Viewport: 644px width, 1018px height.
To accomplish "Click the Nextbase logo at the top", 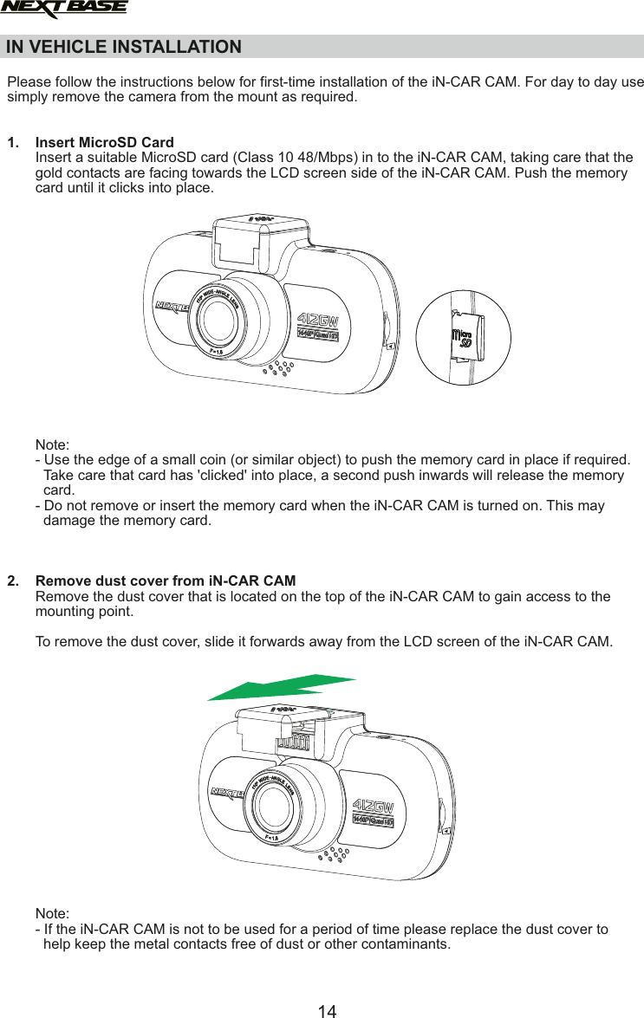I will click(64, 10).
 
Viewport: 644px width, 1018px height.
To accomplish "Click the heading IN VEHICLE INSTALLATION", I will click(124, 47).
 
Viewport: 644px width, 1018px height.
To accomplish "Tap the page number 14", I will click(327, 1010).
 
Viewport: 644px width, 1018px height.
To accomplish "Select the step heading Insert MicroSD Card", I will click(104, 142).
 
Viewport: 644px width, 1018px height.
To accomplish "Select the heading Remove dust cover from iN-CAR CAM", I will click(165, 580).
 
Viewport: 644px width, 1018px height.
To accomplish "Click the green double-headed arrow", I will click(281, 686).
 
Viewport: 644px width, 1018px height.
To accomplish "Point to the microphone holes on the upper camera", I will click(277, 368).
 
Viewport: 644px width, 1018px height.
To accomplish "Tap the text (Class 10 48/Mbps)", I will click(288, 157).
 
